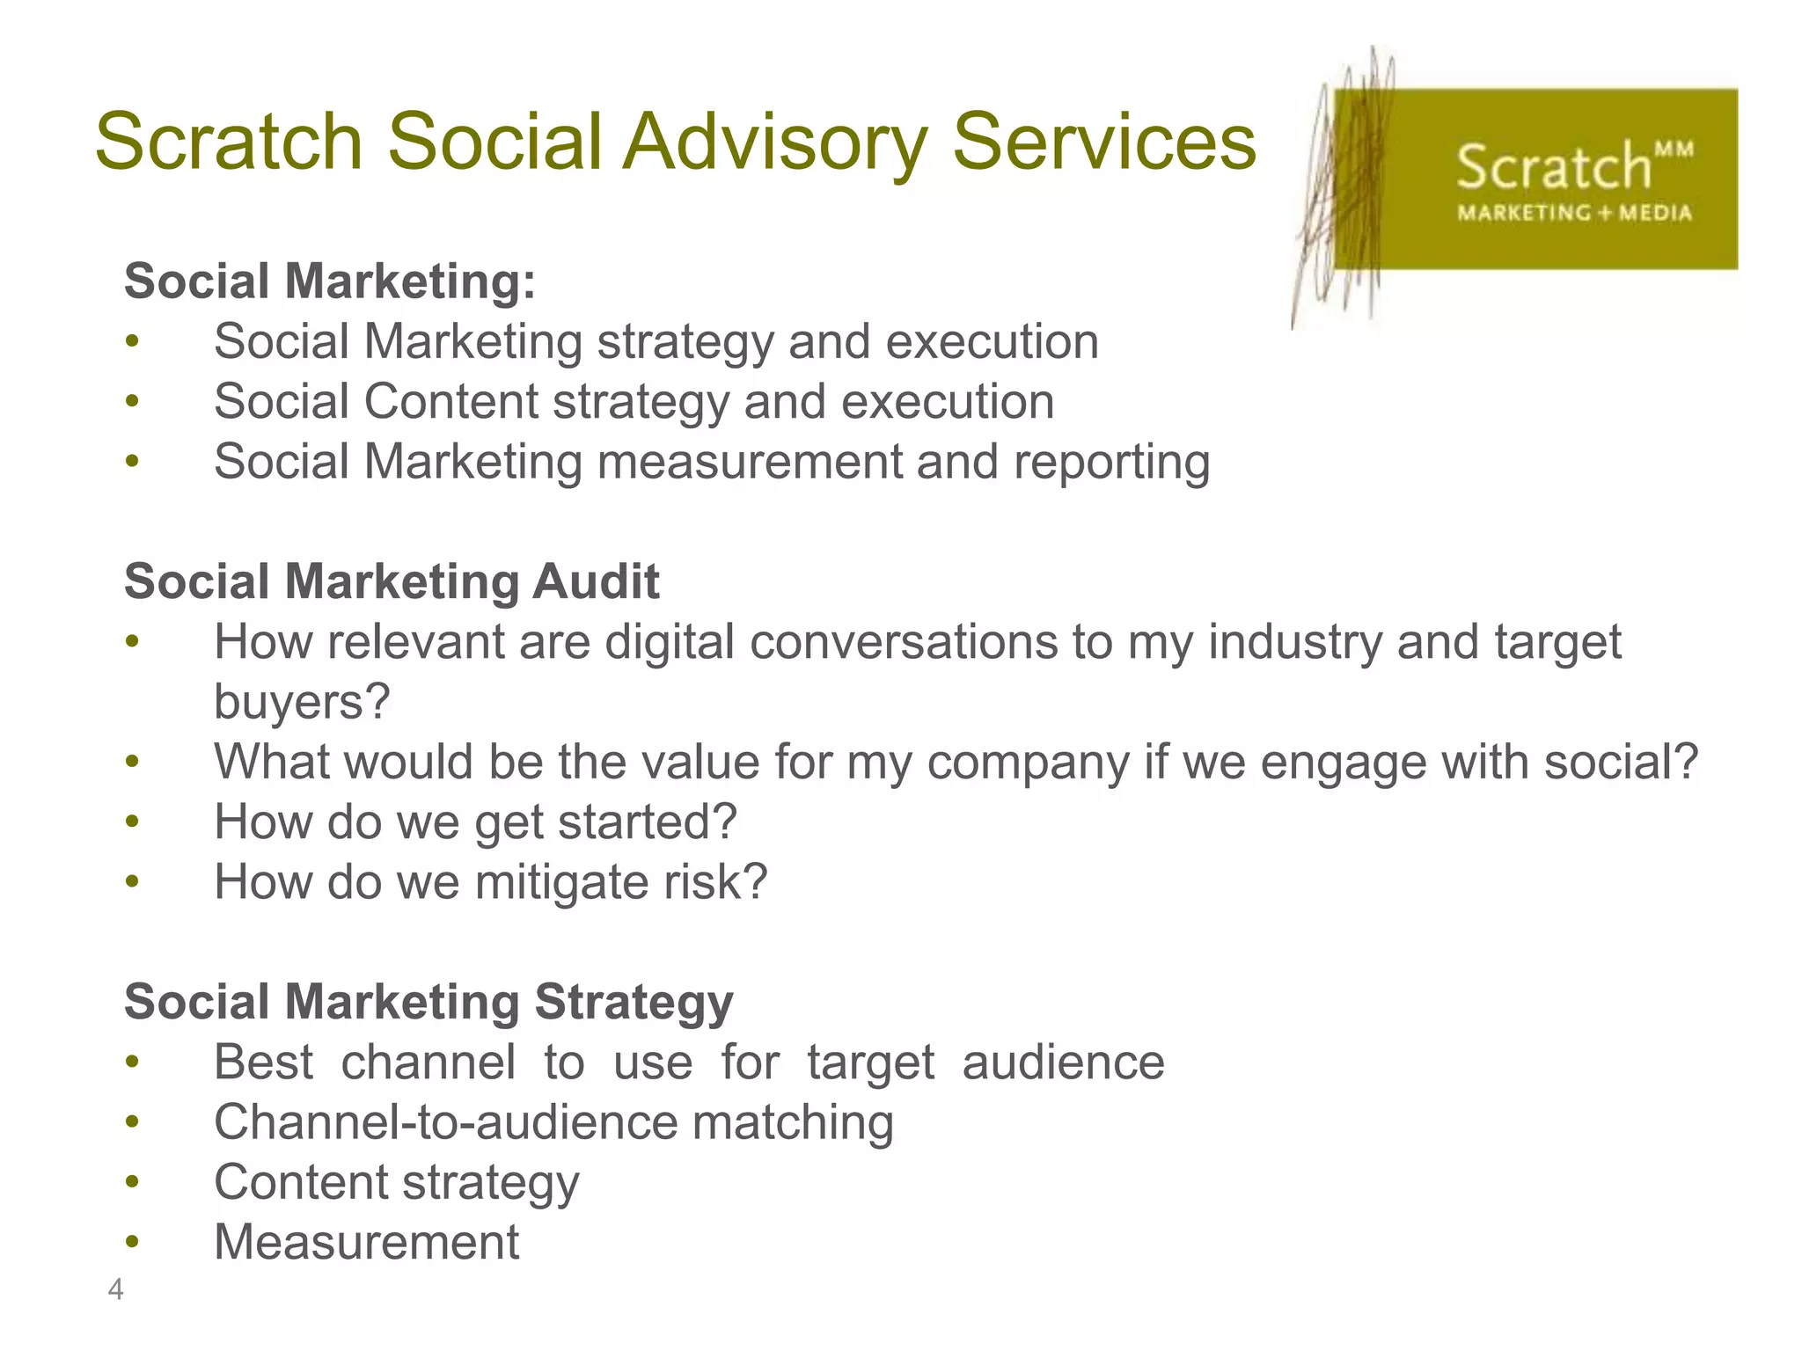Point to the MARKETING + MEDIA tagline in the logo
point(1574,213)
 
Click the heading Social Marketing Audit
point(392,581)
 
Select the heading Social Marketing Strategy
point(429,1002)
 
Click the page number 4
point(115,1289)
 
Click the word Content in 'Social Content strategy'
point(450,402)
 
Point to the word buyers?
point(302,702)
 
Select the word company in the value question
point(1027,762)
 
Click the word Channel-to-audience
point(446,1122)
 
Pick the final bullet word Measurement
point(366,1242)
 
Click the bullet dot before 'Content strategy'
point(132,1182)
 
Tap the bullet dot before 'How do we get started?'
point(132,822)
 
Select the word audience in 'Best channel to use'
point(1063,1063)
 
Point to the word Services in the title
point(1104,142)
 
